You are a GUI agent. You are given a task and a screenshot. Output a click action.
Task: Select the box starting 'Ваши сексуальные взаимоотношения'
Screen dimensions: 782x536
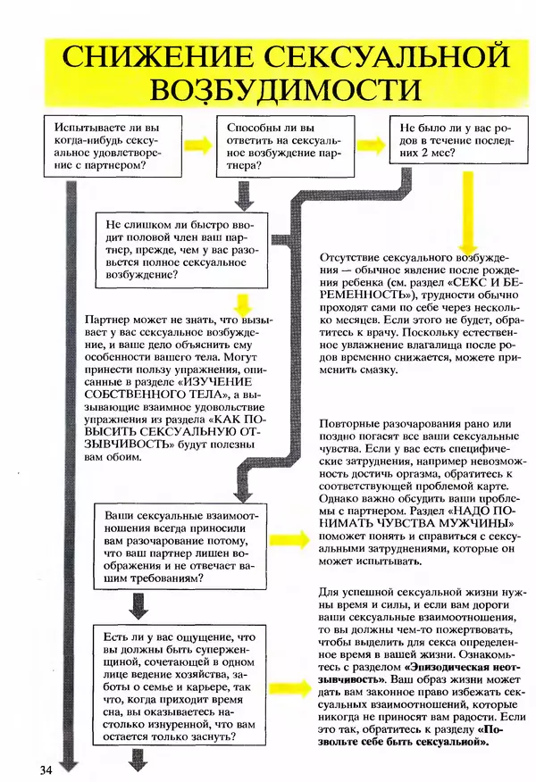tap(182, 547)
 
